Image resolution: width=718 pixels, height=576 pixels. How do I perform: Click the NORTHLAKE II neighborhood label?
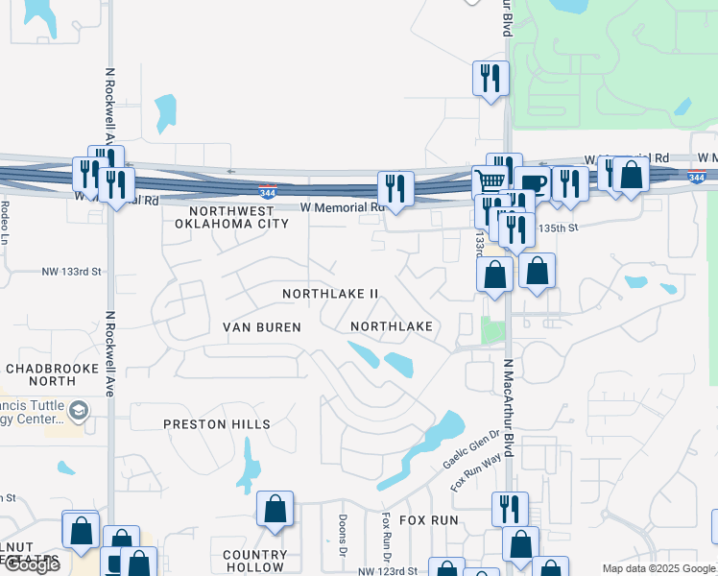[331, 293]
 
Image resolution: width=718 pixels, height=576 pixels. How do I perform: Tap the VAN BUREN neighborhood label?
[262, 327]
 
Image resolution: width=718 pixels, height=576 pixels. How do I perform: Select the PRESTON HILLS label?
[217, 423]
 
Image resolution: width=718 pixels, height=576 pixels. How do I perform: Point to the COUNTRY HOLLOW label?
[255, 561]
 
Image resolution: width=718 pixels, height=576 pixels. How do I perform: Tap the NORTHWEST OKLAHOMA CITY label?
[231, 217]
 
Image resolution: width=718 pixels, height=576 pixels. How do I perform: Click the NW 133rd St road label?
[71, 272]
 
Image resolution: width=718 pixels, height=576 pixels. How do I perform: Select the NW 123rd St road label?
[389, 571]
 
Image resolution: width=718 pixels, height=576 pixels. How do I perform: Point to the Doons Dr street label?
[343, 536]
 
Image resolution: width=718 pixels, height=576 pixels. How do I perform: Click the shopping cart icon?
[491, 180]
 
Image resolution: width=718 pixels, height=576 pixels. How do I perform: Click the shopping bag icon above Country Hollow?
[275, 509]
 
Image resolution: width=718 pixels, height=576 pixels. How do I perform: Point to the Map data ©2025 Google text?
[658, 568]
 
